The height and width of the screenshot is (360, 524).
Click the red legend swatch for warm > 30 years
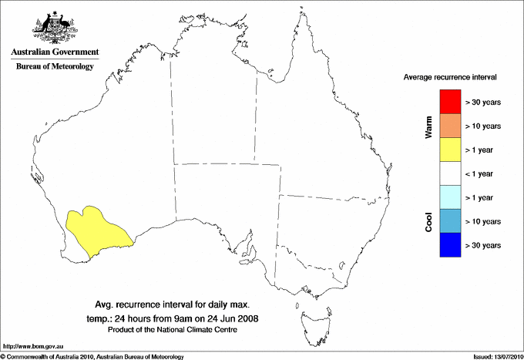(449, 102)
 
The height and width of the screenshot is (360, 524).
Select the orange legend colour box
(449, 126)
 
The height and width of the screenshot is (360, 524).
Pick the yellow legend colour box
(449, 150)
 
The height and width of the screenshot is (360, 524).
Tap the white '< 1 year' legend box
(449, 173)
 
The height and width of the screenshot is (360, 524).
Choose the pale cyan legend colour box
(449, 197)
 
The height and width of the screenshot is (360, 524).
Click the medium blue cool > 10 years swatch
(449, 221)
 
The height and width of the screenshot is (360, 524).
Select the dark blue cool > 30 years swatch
(449, 245)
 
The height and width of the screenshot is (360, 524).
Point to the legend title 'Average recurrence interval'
(450, 78)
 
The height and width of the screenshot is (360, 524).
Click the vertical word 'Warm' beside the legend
(429, 126)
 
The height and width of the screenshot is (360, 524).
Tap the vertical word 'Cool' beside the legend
(429, 221)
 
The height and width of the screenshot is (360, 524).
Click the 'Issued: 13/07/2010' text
(495, 356)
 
